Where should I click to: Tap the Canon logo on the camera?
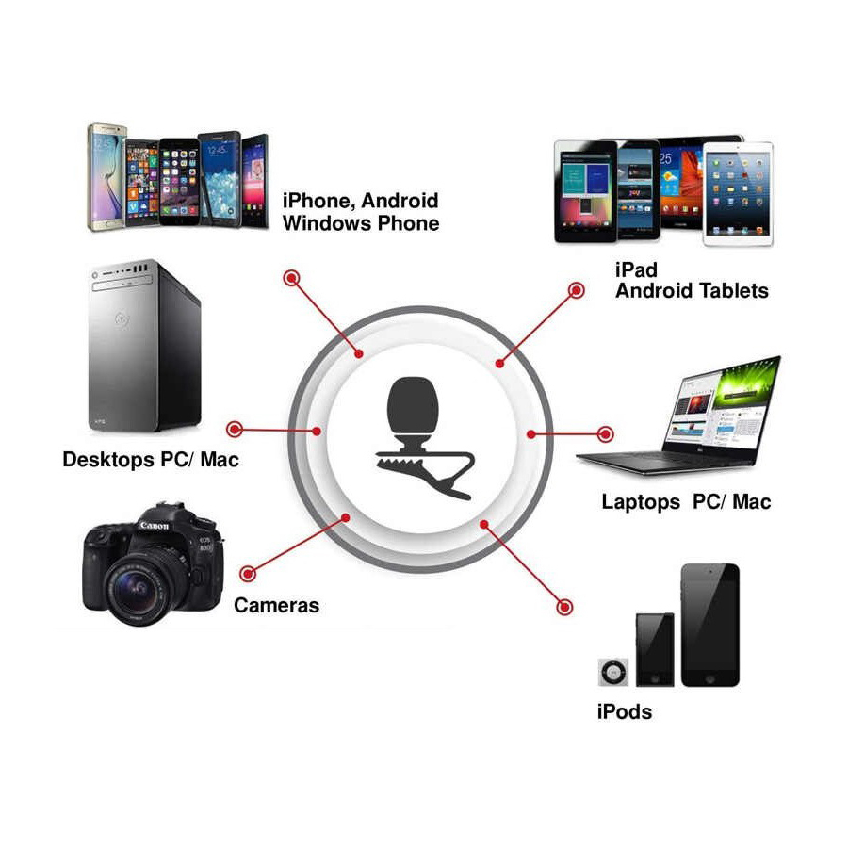pyautogui.click(x=155, y=525)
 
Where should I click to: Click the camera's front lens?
pyautogui.click(x=135, y=587)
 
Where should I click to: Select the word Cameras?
pyautogui.click(x=276, y=605)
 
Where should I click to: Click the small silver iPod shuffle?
pyautogui.click(x=613, y=672)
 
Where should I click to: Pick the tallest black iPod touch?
pyautogui.click(x=709, y=626)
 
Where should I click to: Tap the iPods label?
pyautogui.click(x=624, y=711)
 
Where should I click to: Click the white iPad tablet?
pyautogui.click(x=738, y=193)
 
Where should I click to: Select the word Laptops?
pyautogui.click(x=641, y=502)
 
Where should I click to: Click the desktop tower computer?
pyautogui.click(x=144, y=346)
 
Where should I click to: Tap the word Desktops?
pyautogui.click(x=108, y=460)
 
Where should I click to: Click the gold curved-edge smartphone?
pyautogui.click(x=106, y=178)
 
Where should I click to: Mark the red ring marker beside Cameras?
pyautogui.click(x=248, y=573)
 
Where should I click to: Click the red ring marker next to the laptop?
pyautogui.click(x=605, y=433)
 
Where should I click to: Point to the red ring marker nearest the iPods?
pyautogui.click(x=564, y=607)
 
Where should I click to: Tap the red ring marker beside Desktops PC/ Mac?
pyautogui.click(x=235, y=430)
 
